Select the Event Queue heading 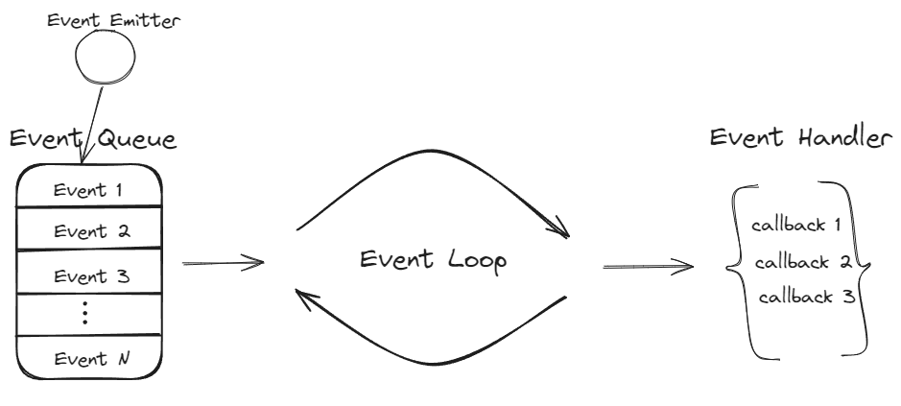(92, 140)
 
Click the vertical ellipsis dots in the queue (85, 315)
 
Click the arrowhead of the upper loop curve (559, 231)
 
